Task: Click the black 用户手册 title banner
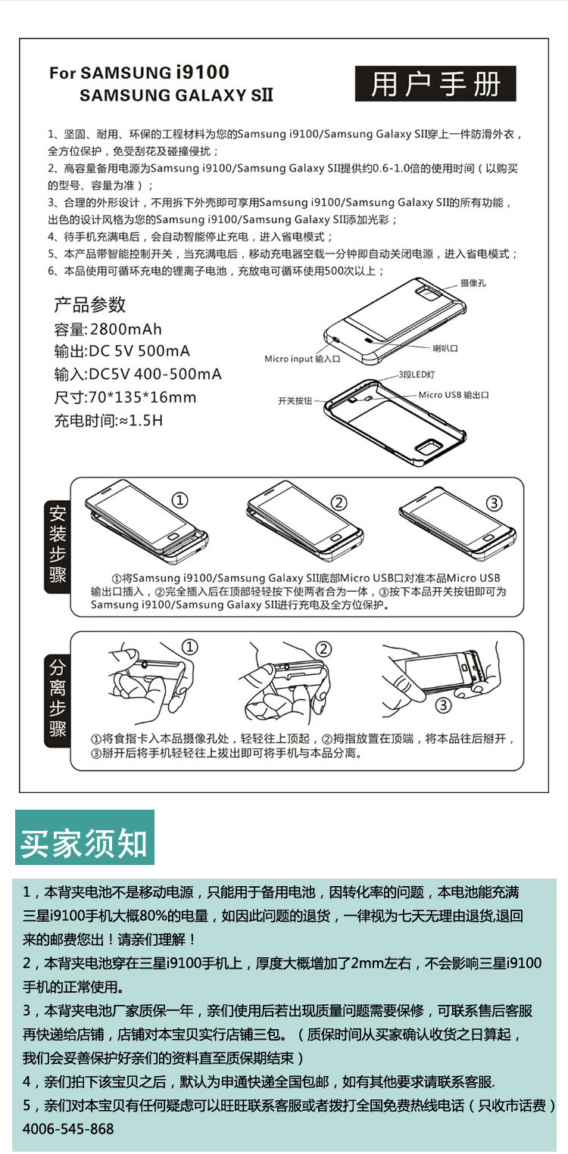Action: pyautogui.click(x=435, y=83)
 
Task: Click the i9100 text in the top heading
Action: pyautogui.click(x=202, y=72)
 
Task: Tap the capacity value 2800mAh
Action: pyautogui.click(x=126, y=328)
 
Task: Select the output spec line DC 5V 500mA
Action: pyautogui.click(x=139, y=351)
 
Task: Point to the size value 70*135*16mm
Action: pyautogui.click(x=142, y=397)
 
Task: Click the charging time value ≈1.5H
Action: pyautogui.click(x=140, y=421)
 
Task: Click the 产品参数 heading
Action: pyautogui.click(x=89, y=304)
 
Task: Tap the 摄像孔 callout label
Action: pyautogui.click(x=473, y=283)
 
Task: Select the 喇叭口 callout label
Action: pyautogui.click(x=445, y=348)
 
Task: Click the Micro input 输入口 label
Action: pyautogui.click(x=302, y=359)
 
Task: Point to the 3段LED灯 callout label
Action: pyautogui.click(x=417, y=375)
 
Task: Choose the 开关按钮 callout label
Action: pyautogui.click(x=295, y=400)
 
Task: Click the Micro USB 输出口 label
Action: pyautogui.click(x=454, y=394)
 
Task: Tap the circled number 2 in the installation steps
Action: pyautogui.click(x=339, y=502)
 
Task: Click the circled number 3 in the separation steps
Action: pyautogui.click(x=443, y=705)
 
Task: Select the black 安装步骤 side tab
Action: pyautogui.click(x=58, y=546)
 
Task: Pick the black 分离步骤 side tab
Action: pyautogui.click(x=58, y=700)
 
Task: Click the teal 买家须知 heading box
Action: pyautogui.click(x=85, y=837)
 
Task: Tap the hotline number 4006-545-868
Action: pyautogui.click(x=68, y=1129)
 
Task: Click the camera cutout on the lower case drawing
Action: pyautogui.click(x=427, y=447)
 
